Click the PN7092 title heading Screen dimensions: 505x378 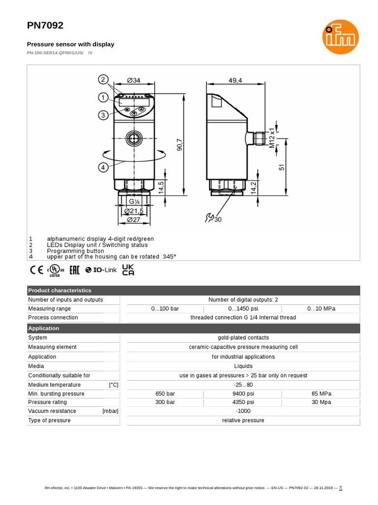tap(45, 26)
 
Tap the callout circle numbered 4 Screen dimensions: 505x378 tap(103, 167)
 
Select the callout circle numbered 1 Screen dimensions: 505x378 tap(103, 97)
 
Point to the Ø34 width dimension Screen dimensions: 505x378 tap(133, 80)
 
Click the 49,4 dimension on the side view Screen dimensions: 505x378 tap(236, 81)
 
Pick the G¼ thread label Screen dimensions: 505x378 tap(134, 201)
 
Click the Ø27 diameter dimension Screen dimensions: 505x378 tap(134, 219)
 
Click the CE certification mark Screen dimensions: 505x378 tap(36, 270)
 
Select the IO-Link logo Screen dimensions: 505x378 tap(101, 270)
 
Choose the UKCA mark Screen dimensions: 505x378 tap(128, 270)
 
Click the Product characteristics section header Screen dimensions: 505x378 tap(60, 290)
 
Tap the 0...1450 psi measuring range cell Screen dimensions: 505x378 tap(243, 309)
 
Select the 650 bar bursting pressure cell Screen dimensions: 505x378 tap(165, 394)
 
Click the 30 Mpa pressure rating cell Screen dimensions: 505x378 tap(321, 402)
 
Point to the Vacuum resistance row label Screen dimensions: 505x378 tap(52, 411)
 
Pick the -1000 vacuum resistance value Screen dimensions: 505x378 tap(243, 411)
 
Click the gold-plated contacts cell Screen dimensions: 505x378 tap(243, 338)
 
